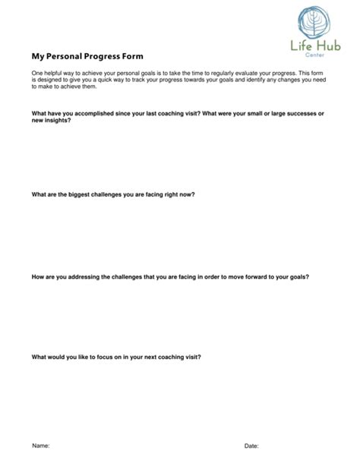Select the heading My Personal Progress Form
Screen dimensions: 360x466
click(87, 56)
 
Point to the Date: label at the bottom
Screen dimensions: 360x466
click(251, 445)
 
